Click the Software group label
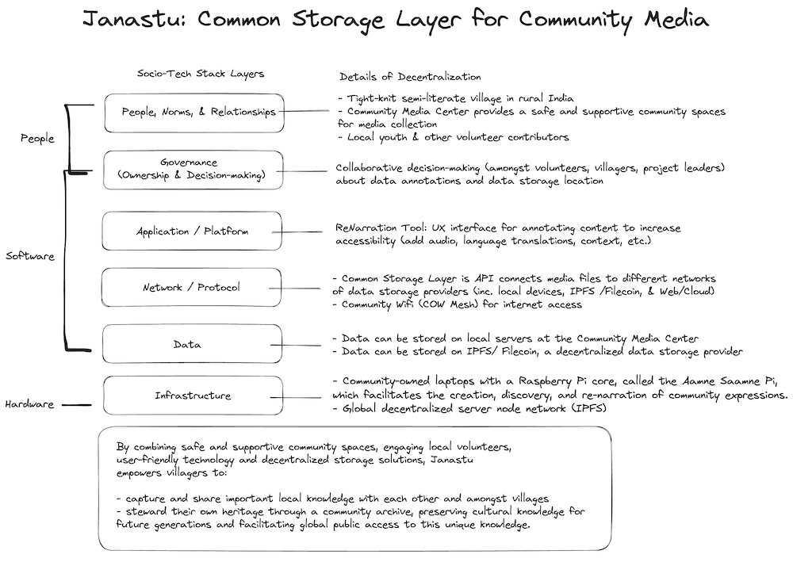click(x=30, y=256)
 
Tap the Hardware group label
click(x=29, y=404)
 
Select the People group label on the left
click(x=37, y=138)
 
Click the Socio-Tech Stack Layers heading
click(x=201, y=74)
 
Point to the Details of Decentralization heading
click(x=410, y=77)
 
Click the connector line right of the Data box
click(x=296, y=346)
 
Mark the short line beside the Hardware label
click(x=77, y=405)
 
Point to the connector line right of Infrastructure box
click(x=296, y=397)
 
